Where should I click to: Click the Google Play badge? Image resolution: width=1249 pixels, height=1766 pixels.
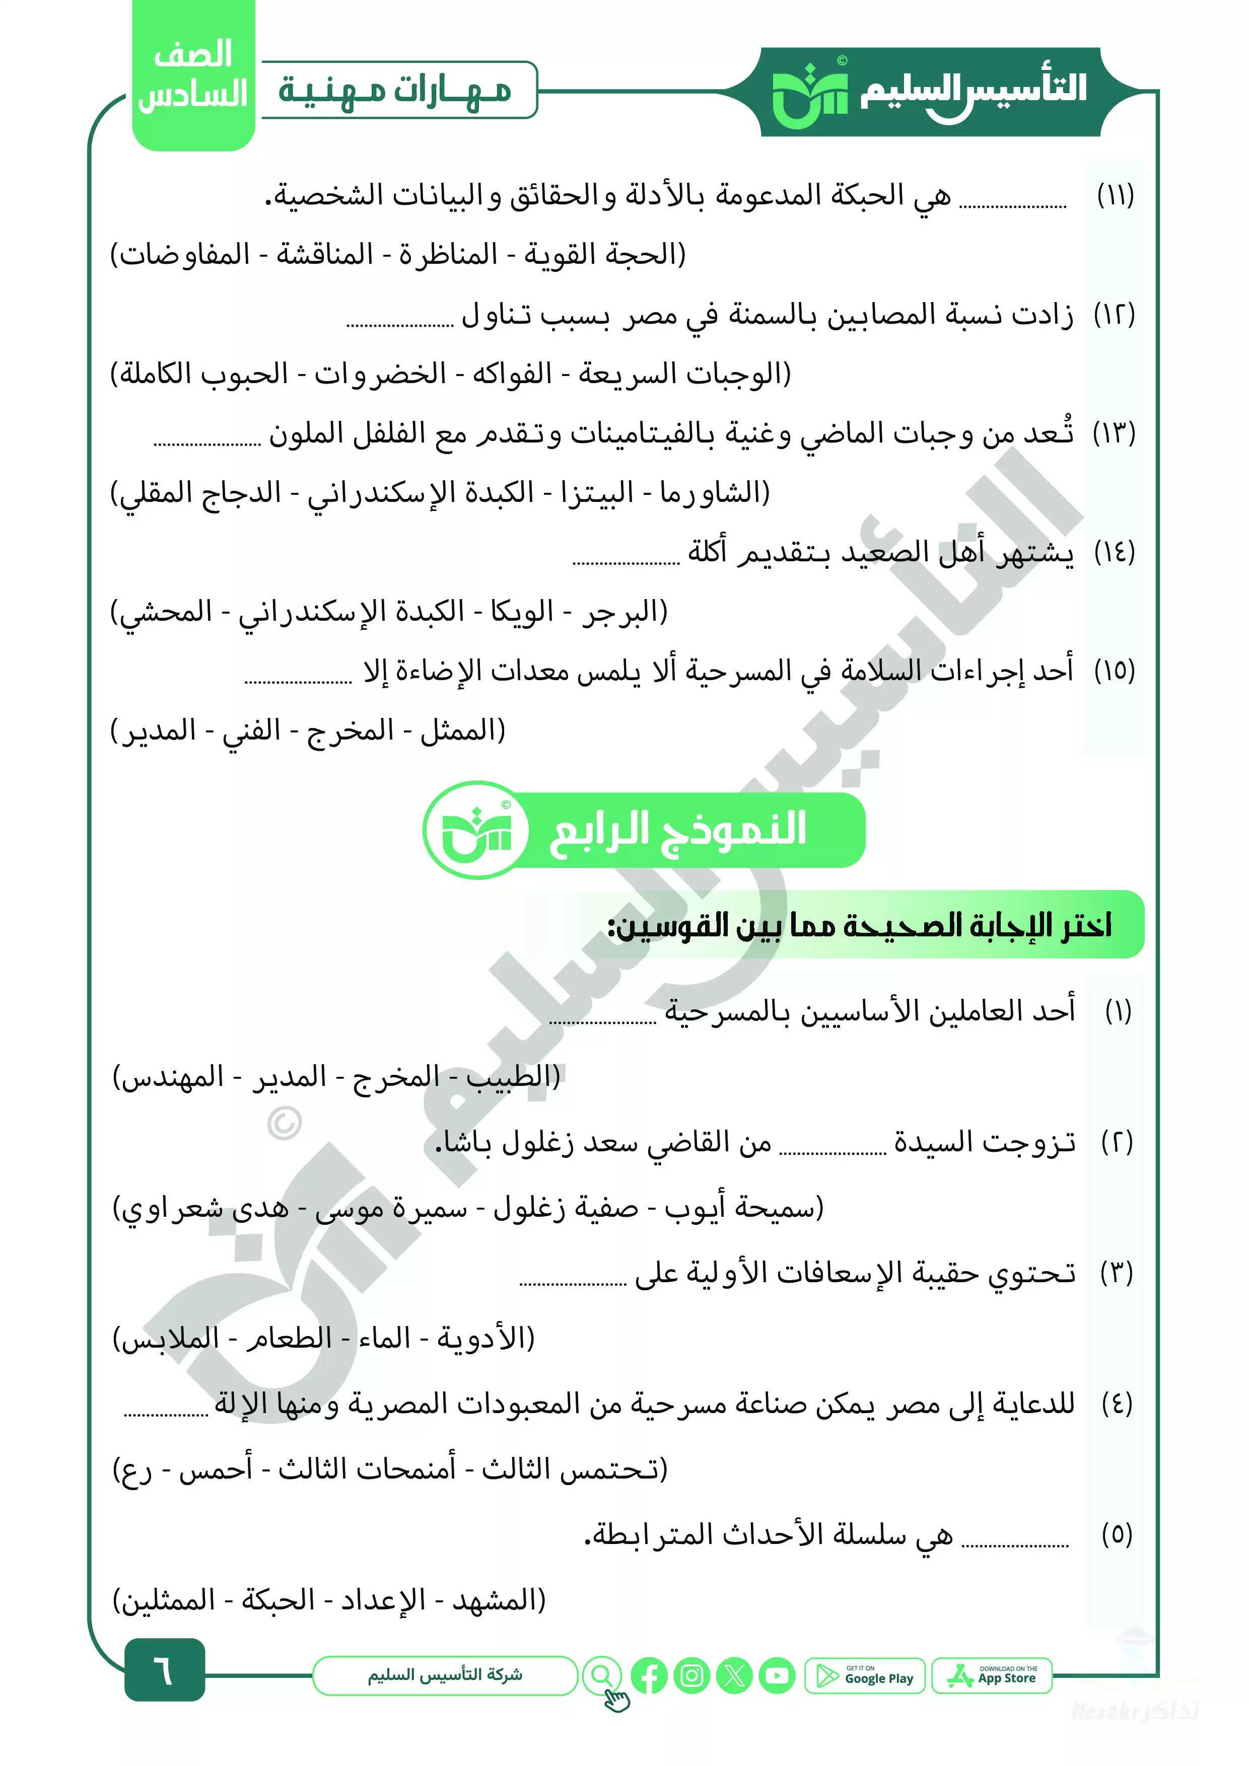[865, 1675]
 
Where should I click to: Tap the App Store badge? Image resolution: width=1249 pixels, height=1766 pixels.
[992, 1675]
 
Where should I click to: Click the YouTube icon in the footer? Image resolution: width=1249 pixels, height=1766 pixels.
[777, 1675]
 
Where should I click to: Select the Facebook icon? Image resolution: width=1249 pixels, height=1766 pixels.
[649, 1675]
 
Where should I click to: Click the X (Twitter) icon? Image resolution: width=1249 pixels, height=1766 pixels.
[734, 1675]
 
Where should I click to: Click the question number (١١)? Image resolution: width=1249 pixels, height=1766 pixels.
[1115, 195]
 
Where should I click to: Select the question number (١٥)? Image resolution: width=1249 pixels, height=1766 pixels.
[1115, 671]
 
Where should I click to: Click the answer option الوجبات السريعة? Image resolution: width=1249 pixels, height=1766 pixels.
[684, 375]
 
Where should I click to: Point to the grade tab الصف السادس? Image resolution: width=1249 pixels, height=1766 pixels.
[193, 76]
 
